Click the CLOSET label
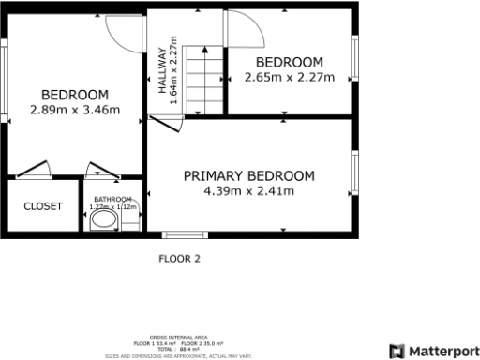(x=43, y=206)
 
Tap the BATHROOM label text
(x=112, y=199)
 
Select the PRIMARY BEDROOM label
(x=248, y=175)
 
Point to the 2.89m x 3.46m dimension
(x=75, y=110)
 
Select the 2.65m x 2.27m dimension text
(x=289, y=78)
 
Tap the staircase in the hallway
(x=205, y=81)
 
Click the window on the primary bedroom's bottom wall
(x=184, y=234)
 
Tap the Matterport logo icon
(x=397, y=351)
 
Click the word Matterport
(x=441, y=351)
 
